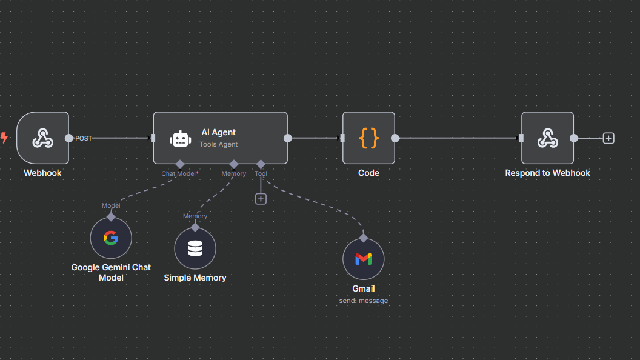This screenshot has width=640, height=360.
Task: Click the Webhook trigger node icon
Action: pyautogui.click(x=42, y=138)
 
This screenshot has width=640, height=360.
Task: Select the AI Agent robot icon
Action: pyautogui.click(x=180, y=139)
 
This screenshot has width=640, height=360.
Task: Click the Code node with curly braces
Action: pyautogui.click(x=368, y=138)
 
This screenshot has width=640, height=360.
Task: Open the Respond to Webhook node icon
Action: pyautogui.click(x=547, y=138)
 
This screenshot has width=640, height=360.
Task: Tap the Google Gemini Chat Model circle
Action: pyautogui.click(x=111, y=238)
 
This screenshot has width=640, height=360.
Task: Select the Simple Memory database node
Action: pyautogui.click(x=195, y=248)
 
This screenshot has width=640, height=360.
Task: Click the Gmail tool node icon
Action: pyautogui.click(x=363, y=259)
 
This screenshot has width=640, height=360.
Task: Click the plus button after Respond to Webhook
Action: pyautogui.click(x=608, y=138)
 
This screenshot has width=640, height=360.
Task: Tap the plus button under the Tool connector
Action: pyautogui.click(x=261, y=199)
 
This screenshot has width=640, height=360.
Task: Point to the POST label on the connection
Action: pyautogui.click(x=84, y=138)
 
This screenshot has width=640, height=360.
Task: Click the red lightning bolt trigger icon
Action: pyautogui.click(x=4, y=138)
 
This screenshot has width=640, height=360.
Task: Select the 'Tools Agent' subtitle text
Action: pyautogui.click(x=219, y=144)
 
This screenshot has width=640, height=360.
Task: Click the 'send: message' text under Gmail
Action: pyautogui.click(x=363, y=301)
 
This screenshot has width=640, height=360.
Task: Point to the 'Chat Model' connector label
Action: pyautogui.click(x=178, y=173)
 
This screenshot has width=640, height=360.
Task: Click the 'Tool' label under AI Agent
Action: pyautogui.click(x=261, y=173)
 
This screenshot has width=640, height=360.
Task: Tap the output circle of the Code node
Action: pyautogui.click(x=395, y=138)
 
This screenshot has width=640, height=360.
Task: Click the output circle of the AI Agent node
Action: pyautogui.click(x=288, y=138)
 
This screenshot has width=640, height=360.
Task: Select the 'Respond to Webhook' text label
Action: pyautogui.click(x=547, y=173)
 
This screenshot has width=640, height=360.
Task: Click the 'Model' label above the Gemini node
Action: pyautogui.click(x=111, y=205)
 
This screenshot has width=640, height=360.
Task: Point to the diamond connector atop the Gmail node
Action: pyautogui.click(x=363, y=238)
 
